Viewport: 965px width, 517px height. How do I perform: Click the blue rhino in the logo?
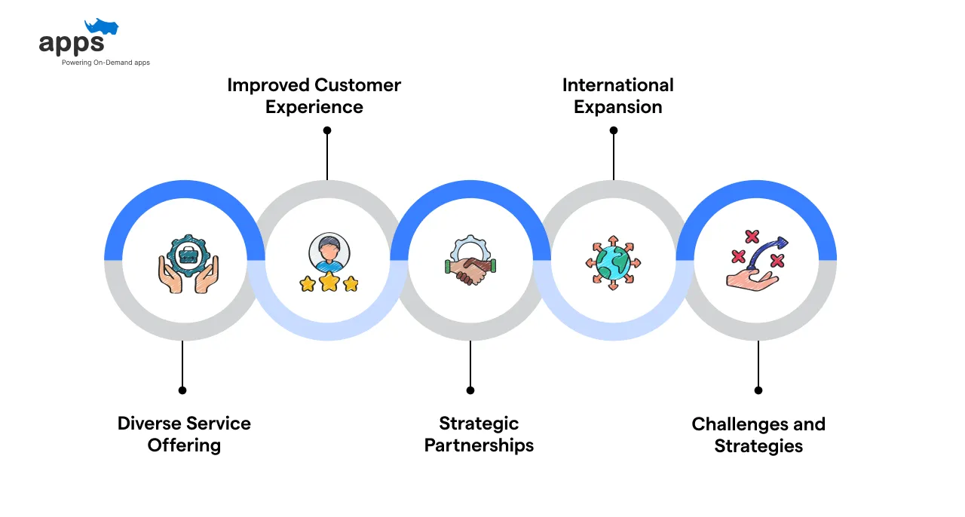click(102, 26)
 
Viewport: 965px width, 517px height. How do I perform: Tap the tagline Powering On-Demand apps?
click(106, 63)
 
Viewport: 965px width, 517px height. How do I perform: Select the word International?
click(617, 85)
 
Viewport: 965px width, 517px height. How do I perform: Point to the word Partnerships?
click(479, 445)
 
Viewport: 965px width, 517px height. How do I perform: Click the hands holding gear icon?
click(188, 264)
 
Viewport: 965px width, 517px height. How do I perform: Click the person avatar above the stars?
click(329, 252)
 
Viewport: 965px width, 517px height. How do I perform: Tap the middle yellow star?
click(329, 281)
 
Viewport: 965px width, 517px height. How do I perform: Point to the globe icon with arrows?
click(613, 262)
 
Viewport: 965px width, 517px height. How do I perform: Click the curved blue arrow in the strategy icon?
click(767, 252)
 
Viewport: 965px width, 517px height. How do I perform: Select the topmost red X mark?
click(752, 237)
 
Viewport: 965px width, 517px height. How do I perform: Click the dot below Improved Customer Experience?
click(327, 130)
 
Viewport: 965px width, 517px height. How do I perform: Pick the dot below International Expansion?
click(614, 130)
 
